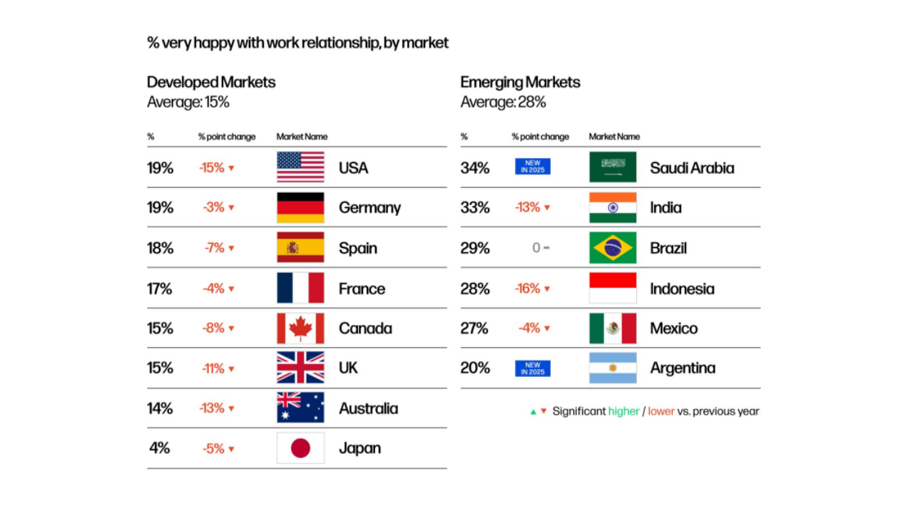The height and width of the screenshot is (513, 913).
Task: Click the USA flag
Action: [300, 167]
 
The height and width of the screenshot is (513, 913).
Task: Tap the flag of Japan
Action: [300, 448]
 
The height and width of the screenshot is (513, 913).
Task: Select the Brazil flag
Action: [613, 248]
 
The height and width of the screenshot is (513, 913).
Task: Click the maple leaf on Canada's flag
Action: [300, 328]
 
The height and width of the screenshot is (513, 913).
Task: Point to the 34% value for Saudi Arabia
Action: [475, 168]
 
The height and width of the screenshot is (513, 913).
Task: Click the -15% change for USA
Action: [212, 168]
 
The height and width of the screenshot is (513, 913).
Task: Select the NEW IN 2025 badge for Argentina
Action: [533, 368]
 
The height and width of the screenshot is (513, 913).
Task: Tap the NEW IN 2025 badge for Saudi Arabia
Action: [533, 167]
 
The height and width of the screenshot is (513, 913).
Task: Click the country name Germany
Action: [369, 208]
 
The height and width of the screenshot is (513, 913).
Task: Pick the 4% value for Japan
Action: [160, 448]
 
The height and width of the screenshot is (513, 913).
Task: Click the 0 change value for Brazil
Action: [536, 248]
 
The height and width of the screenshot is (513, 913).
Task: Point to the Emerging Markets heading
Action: [520, 82]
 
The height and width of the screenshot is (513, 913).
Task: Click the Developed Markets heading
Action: [211, 82]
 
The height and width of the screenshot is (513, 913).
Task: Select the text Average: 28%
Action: [503, 102]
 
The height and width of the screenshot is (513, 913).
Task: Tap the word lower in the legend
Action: [661, 411]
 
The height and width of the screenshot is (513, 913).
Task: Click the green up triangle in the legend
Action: [533, 411]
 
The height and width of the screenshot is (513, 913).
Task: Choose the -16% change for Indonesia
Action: [528, 289]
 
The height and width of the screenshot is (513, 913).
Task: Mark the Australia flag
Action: [300, 408]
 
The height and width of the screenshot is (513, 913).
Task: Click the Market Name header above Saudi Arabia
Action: [614, 137]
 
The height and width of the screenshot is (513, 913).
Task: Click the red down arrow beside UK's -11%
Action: [231, 369]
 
